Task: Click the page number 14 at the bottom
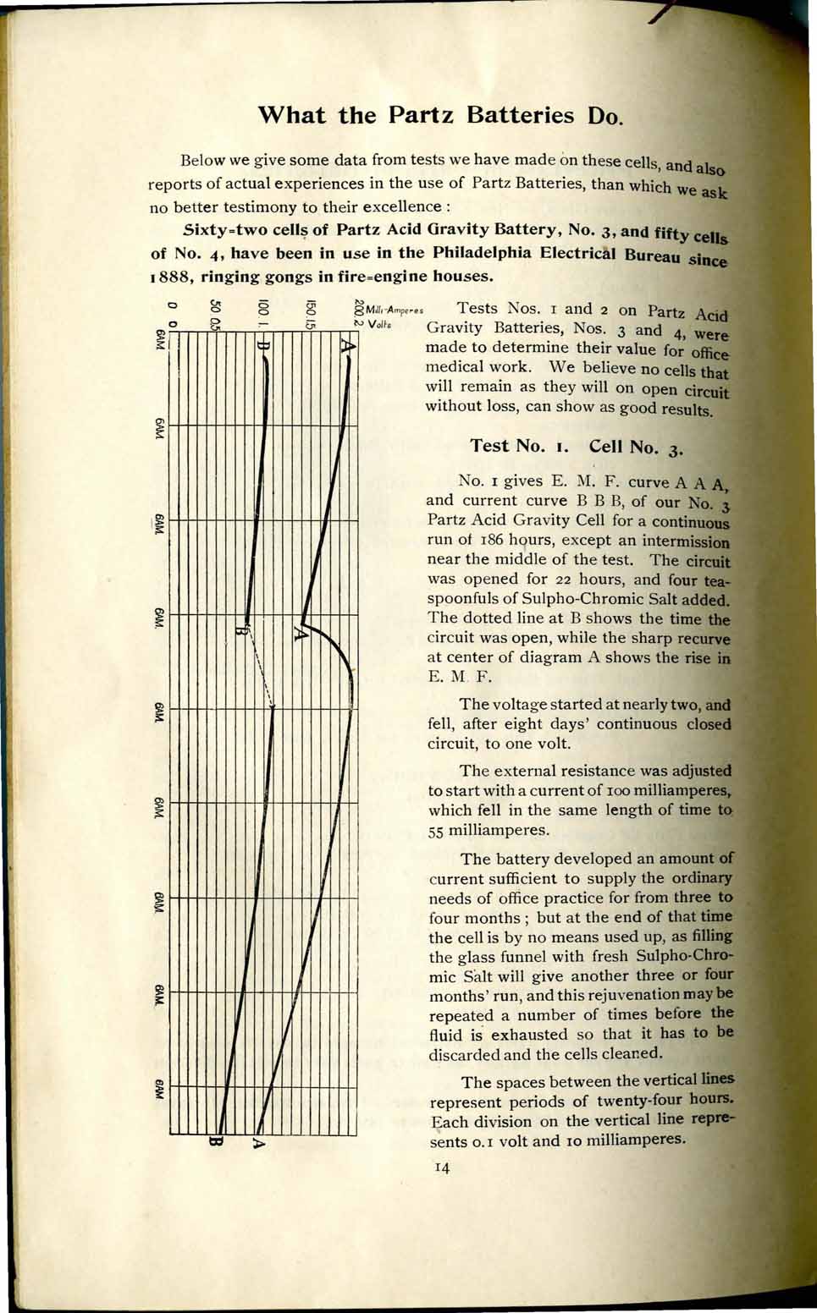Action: (x=442, y=1168)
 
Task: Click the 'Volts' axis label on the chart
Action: (x=379, y=324)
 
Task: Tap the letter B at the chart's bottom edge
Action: (x=215, y=1143)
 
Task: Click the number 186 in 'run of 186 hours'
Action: (x=494, y=541)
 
